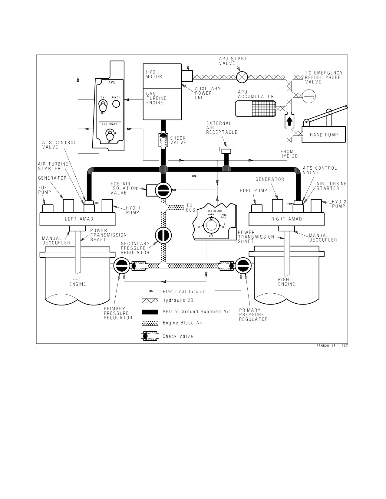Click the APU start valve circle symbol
click(x=242, y=77)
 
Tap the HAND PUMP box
click(x=324, y=135)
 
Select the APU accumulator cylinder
click(x=255, y=109)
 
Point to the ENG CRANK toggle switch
click(x=110, y=135)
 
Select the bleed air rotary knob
click(x=211, y=225)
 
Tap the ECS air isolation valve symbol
click(x=163, y=190)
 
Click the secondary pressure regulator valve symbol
click(x=163, y=235)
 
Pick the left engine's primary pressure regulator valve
click(x=122, y=266)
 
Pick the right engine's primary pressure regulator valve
click(x=243, y=266)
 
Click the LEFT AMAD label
click(x=79, y=219)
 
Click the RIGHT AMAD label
click(x=287, y=219)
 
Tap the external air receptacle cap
click(x=226, y=151)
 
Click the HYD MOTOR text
click(x=154, y=74)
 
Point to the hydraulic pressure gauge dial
click(x=309, y=96)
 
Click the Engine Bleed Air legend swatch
click(x=150, y=323)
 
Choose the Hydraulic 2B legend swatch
click(x=150, y=301)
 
